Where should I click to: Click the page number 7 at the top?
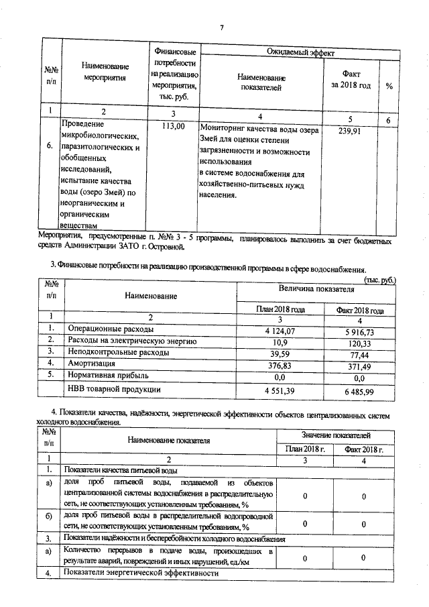tap(221, 27)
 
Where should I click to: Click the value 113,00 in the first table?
tap(173, 126)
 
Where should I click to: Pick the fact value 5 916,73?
tap(362, 331)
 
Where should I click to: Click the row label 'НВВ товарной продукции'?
tap(114, 388)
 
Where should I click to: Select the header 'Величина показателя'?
tap(315, 288)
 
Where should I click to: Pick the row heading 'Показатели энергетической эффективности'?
tap(141, 574)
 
